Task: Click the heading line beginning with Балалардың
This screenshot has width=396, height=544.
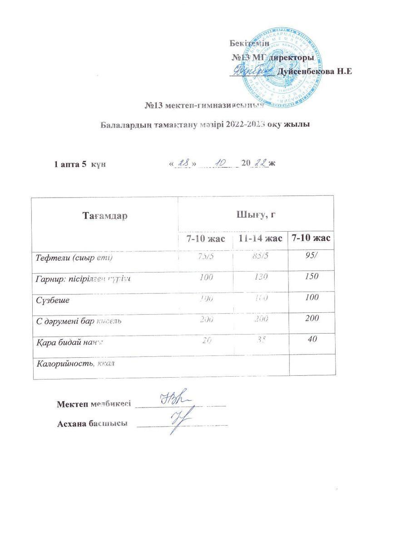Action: pos(205,125)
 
